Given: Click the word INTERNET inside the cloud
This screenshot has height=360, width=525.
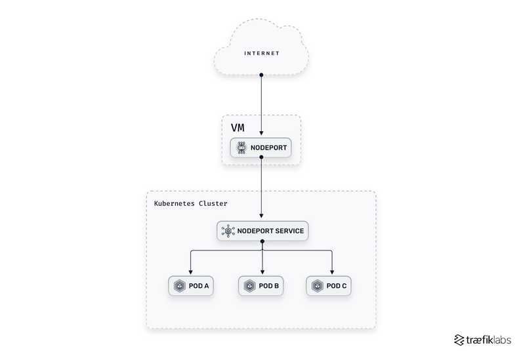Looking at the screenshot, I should pyautogui.click(x=262, y=53).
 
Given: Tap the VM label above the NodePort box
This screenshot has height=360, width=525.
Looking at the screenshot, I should pyautogui.click(x=237, y=127).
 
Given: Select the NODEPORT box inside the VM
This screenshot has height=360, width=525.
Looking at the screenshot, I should pyautogui.click(x=261, y=148).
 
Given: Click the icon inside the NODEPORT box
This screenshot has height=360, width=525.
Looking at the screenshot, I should pyautogui.click(x=241, y=148).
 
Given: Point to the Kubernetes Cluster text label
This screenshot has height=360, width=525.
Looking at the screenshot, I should pyautogui.click(x=190, y=203).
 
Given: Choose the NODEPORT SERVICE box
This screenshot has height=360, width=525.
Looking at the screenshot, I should pyautogui.click(x=262, y=231).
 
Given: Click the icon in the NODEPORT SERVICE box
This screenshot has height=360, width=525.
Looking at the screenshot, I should pyautogui.click(x=228, y=231).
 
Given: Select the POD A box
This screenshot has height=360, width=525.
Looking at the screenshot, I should pyautogui.click(x=191, y=286).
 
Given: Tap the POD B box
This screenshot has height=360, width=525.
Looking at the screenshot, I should pyautogui.click(x=262, y=286).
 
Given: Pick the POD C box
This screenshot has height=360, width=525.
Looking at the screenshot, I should pyautogui.click(x=331, y=286).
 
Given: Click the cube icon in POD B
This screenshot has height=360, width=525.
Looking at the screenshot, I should pyautogui.click(x=249, y=286).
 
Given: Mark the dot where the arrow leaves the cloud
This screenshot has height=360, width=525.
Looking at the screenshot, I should pyautogui.click(x=262, y=75).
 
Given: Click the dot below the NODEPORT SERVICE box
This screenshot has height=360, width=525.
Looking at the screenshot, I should pyautogui.click(x=262, y=242).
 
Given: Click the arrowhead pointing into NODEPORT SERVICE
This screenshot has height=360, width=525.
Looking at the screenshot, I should pyautogui.click(x=262, y=216).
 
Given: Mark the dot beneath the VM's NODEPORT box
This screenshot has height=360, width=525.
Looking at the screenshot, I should pyautogui.click(x=262, y=159).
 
